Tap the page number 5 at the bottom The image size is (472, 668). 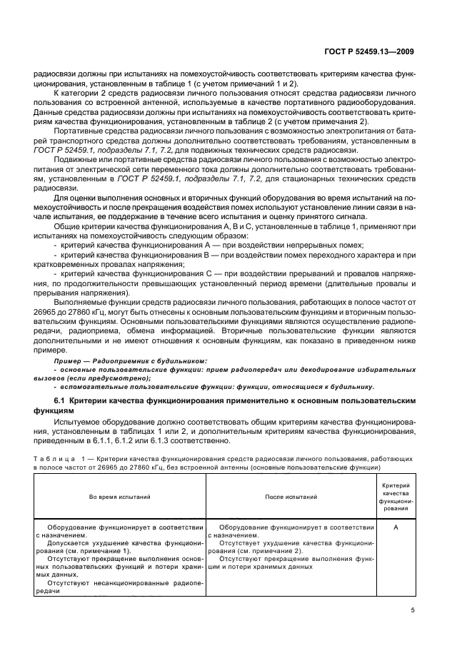[x=412, y=609]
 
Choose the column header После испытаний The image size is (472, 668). [x=291, y=495]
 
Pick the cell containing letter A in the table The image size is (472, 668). [x=394, y=527]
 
